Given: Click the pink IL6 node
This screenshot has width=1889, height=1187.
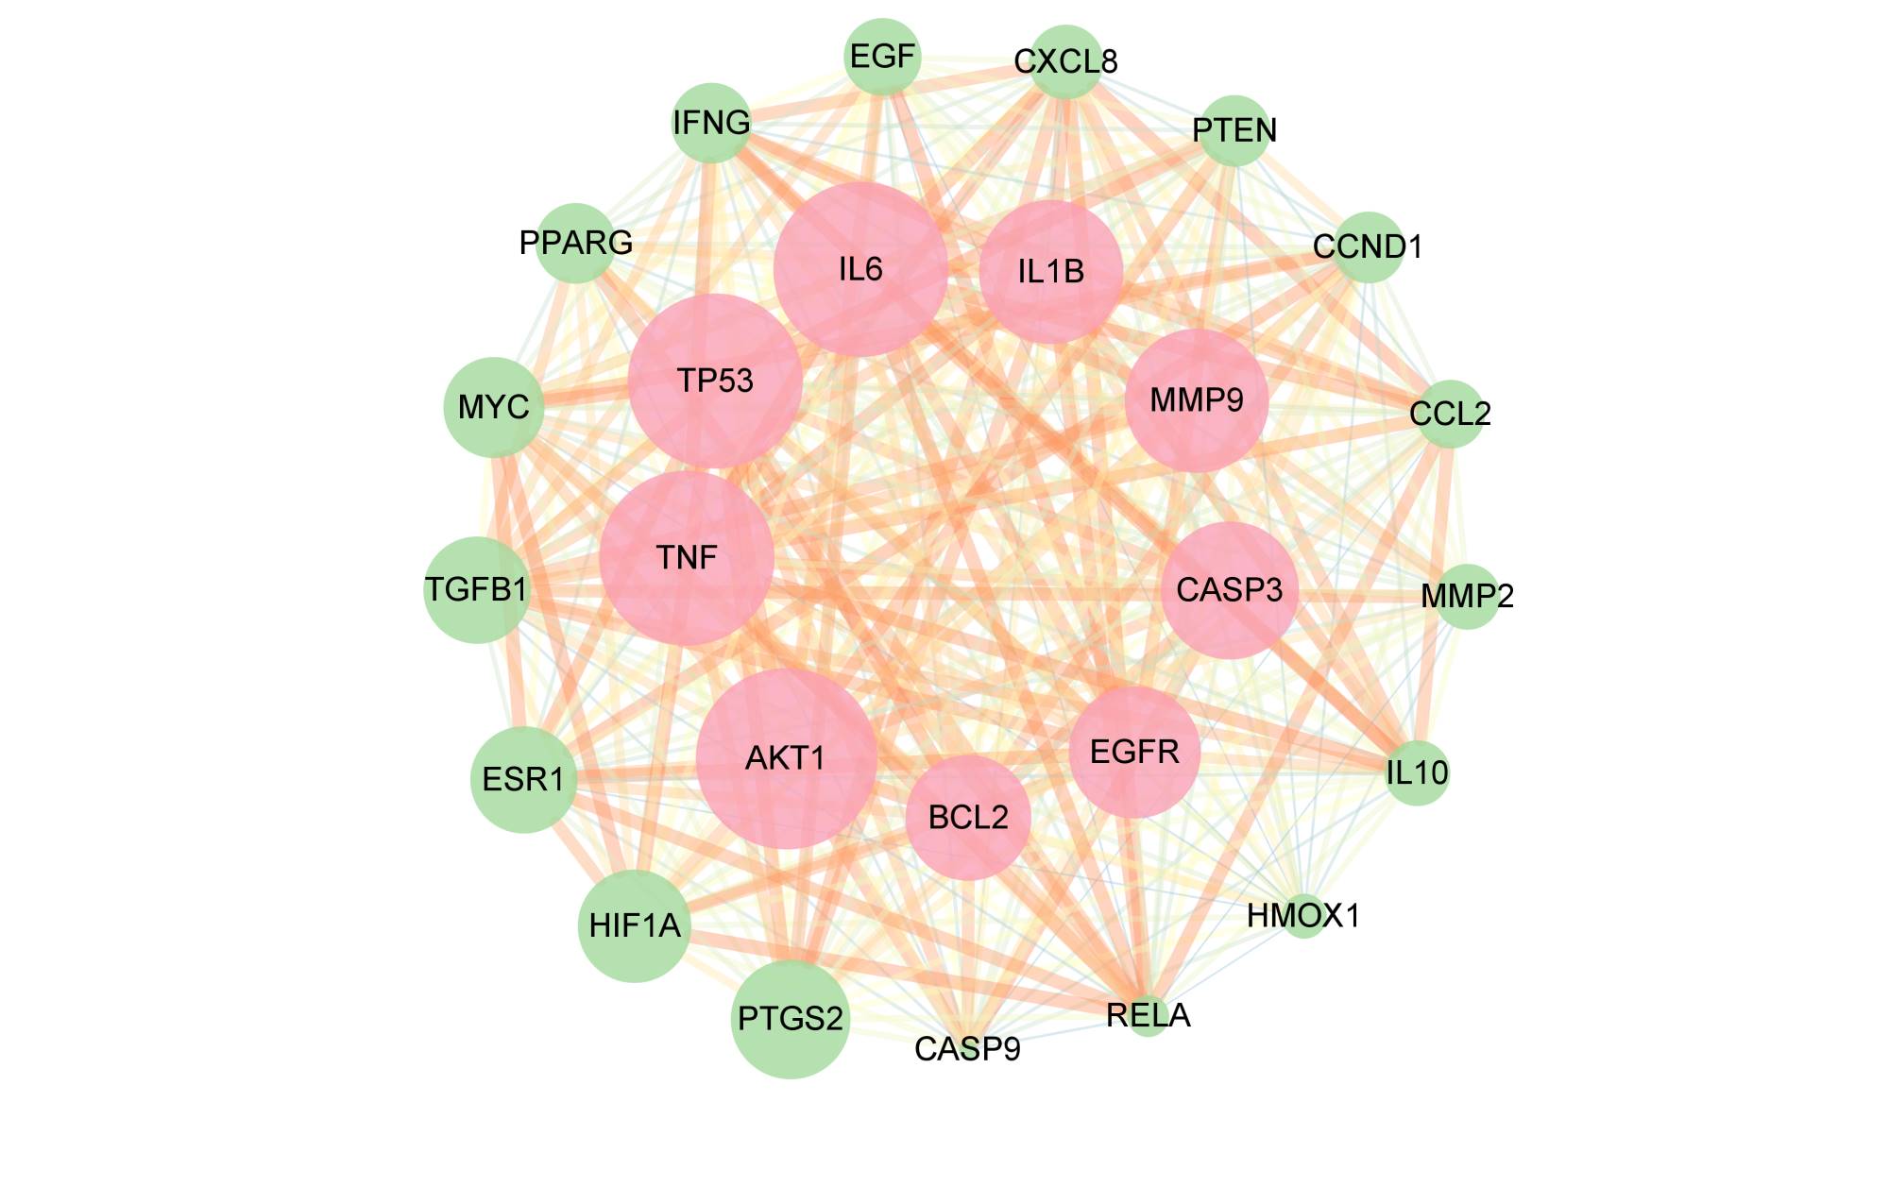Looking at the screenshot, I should [x=860, y=269].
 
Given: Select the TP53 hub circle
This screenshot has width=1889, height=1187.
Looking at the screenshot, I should [x=715, y=381].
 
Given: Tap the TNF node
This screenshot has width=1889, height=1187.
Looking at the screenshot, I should [x=687, y=558].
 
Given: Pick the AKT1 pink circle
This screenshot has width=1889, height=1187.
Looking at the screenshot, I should [x=786, y=758].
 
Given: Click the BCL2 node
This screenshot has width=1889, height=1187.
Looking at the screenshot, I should [x=968, y=817].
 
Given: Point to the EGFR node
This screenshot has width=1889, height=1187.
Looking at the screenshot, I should [x=1134, y=752].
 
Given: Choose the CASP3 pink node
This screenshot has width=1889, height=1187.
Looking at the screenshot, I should [x=1229, y=590].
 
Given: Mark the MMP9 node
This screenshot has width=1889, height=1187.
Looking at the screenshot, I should [x=1197, y=400].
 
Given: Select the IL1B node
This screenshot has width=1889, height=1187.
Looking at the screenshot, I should [x=1051, y=272].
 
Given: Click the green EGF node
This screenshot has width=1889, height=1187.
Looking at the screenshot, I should [x=882, y=57].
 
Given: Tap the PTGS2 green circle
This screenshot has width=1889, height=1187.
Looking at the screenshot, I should [x=791, y=1019].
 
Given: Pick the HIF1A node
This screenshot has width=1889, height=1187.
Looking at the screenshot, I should [x=635, y=925].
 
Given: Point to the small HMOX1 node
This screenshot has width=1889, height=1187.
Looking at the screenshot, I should [x=1303, y=915].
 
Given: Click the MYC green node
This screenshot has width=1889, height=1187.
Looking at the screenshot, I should [x=494, y=407].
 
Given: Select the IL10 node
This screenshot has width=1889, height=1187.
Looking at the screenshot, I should [x=1417, y=772].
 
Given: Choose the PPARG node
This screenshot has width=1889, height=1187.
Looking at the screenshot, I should [x=576, y=243].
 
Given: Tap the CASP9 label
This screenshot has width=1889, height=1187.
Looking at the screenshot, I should [x=967, y=1049].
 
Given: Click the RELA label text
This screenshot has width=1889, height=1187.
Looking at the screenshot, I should [x=1148, y=1016].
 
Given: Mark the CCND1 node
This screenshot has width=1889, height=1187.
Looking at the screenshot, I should [x=1368, y=246].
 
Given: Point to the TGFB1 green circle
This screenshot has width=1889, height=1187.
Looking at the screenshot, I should [x=476, y=590].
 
